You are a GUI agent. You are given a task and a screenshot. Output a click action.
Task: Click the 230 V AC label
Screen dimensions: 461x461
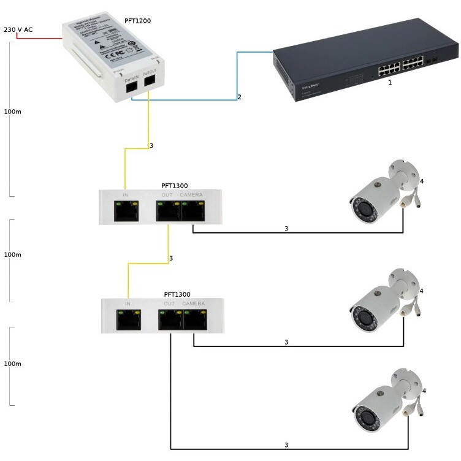pos(18,29)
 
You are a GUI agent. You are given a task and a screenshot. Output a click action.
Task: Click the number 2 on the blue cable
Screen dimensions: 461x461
pos(240,97)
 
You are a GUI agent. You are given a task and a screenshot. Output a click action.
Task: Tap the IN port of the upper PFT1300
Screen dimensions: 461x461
pos(126,211)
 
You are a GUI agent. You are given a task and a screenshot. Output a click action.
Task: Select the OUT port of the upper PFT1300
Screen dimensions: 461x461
pos(167,211)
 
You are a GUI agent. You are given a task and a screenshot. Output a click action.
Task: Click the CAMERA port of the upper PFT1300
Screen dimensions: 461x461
pos(192,211)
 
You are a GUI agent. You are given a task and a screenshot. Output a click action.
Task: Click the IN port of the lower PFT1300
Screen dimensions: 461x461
pos(128,319)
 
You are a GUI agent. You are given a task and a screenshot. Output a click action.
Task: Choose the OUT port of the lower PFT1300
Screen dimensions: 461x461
pos(170,319)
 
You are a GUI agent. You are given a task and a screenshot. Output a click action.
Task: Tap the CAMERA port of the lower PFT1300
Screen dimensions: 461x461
pos(195,319)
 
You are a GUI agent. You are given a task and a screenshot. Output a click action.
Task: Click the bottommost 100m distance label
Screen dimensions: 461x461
pos(12,364)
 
